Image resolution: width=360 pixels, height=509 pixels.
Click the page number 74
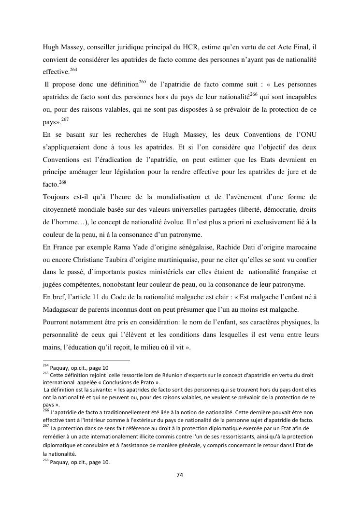tap(179, 475)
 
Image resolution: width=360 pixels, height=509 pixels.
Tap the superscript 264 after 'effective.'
tap(73, 70)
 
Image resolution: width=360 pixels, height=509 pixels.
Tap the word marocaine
tap(298, 247)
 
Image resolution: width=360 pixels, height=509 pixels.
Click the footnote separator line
tap(86, 361)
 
